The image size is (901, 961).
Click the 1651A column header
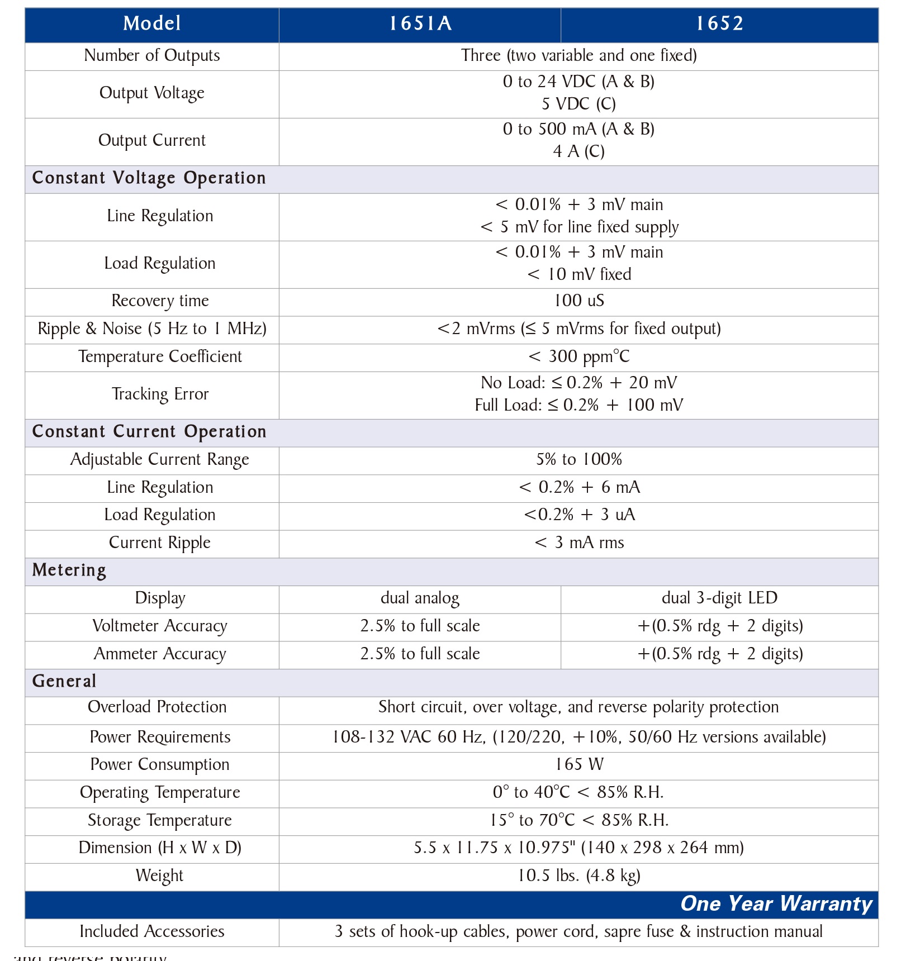[420, 23]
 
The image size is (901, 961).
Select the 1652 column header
[719, 23]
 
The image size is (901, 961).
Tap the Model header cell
[152, 23]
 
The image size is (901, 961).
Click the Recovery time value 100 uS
[578, 301]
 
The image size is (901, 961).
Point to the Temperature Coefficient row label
[160, 356]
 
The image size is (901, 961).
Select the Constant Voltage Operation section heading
[149, 178]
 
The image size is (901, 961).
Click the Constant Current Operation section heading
[149, 431]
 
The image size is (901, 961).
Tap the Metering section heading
[69, 570]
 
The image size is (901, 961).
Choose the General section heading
[64, 681]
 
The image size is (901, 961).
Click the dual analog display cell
[420, 598]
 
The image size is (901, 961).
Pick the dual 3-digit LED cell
[719, 598]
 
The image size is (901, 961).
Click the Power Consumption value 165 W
[578, 764]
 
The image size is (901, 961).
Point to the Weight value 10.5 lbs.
[578, 876]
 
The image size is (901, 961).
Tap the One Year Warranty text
[776, 903]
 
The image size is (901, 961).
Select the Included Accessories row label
[152, 931]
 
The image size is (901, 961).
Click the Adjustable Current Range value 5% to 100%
[578, 459]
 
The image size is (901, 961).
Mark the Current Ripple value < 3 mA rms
[578, 543]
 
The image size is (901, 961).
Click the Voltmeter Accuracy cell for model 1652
[719, 626]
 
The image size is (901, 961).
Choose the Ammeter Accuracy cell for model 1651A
[420, 654]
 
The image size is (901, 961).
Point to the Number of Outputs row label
[152, 55]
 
